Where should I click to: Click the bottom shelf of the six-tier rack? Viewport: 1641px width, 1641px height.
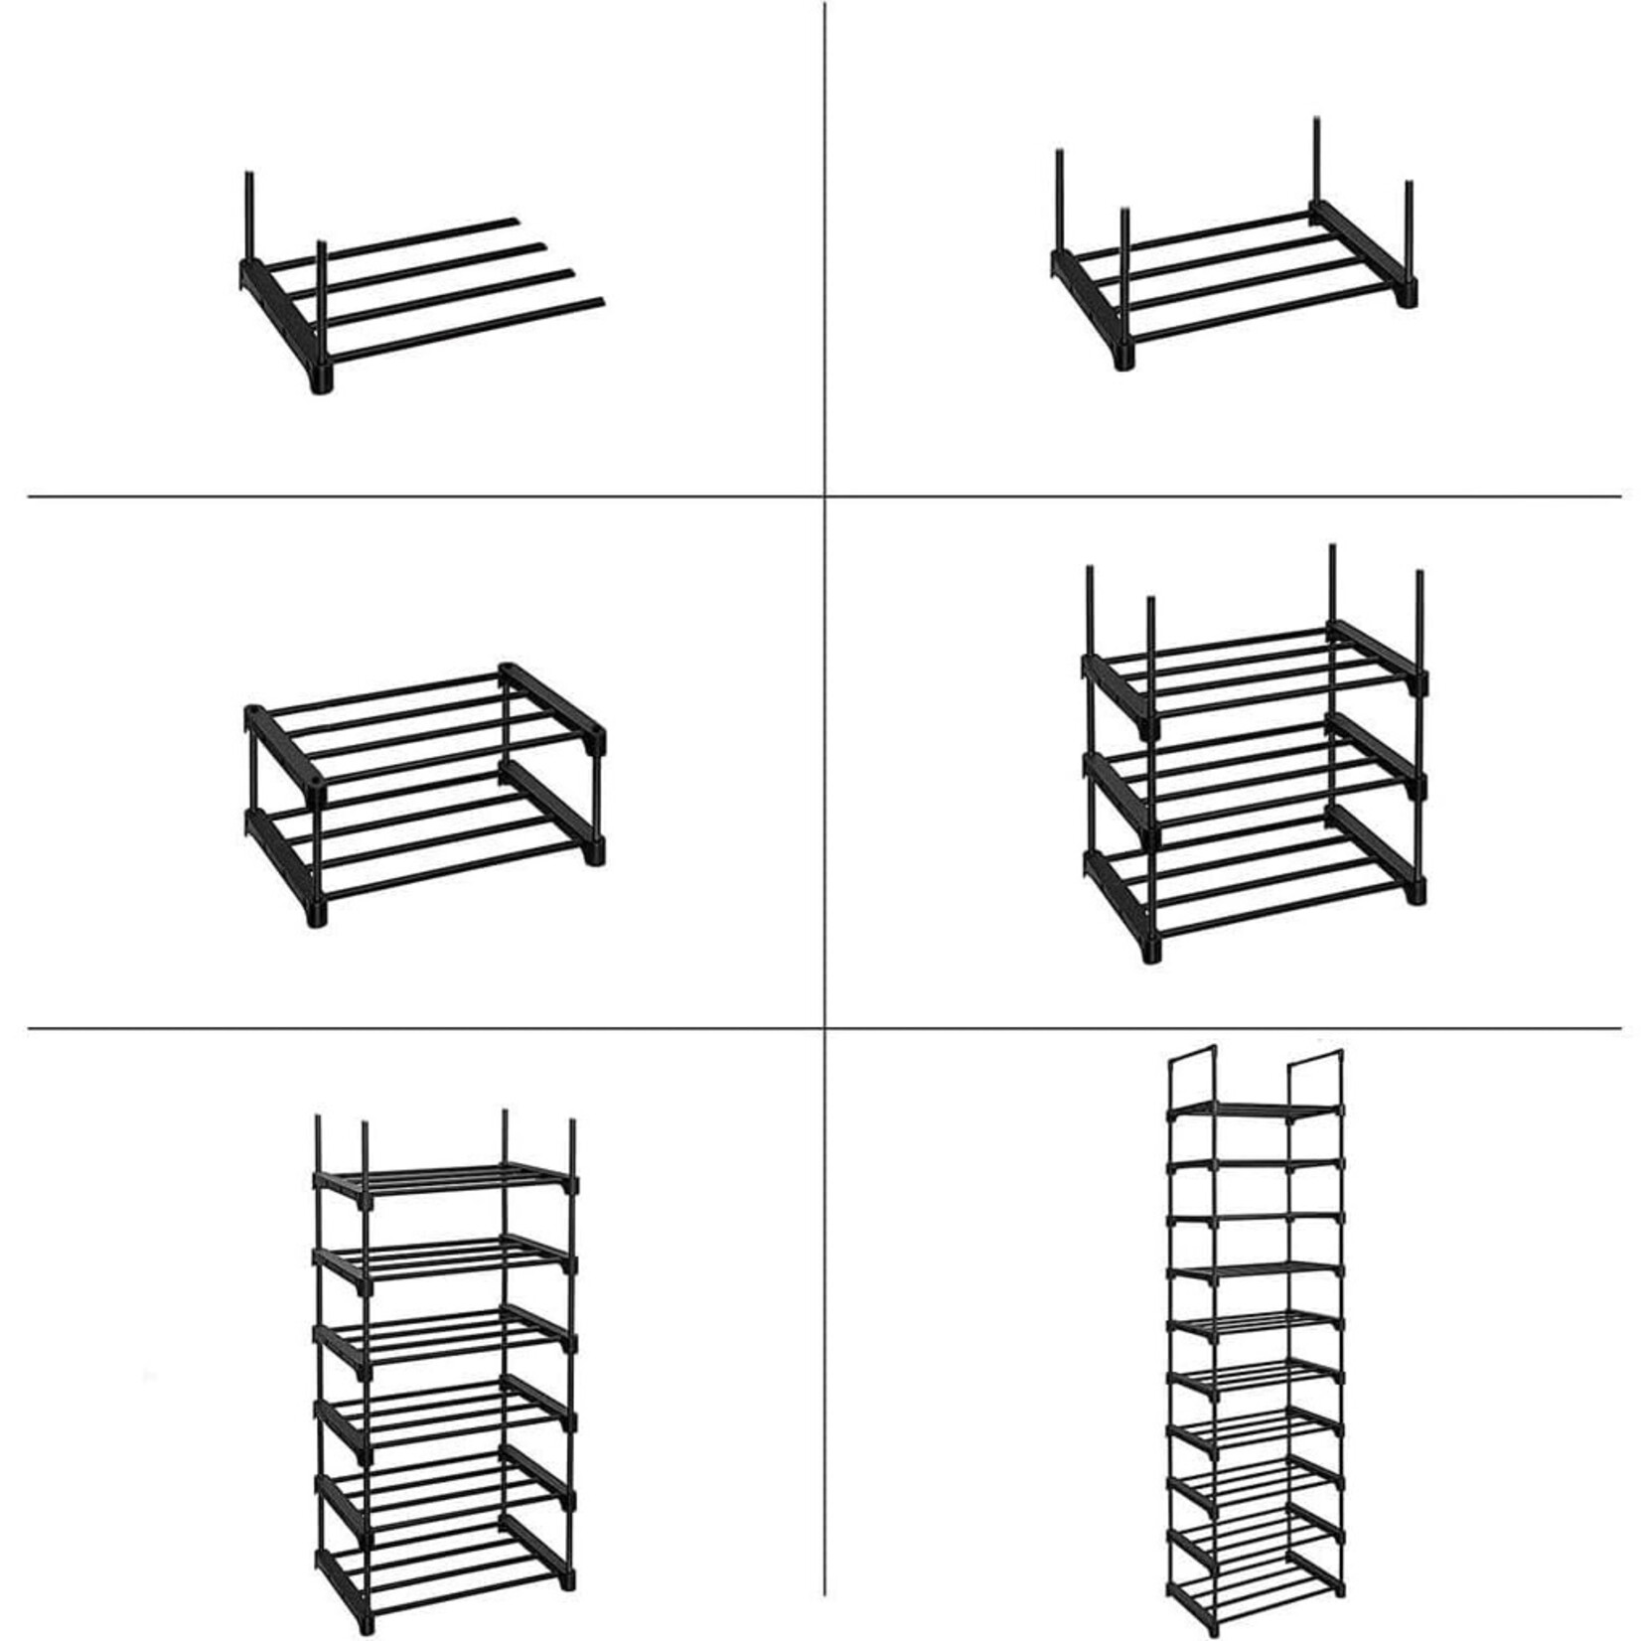point(444,1579)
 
